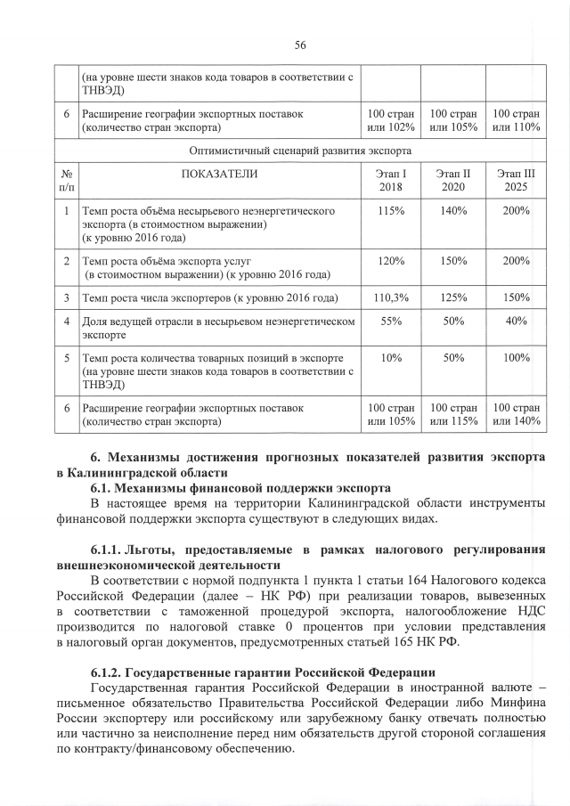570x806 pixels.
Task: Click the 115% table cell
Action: pos(391,211)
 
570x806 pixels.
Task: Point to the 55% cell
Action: pos(391,322)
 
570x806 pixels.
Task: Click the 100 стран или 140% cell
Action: pos(516,413)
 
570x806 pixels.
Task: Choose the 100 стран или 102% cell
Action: pos(391,121)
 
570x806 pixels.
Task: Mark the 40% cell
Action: pos(516,322)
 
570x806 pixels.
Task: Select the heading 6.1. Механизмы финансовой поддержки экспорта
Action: pos(240,487)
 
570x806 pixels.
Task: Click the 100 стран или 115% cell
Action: pos(453,413)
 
